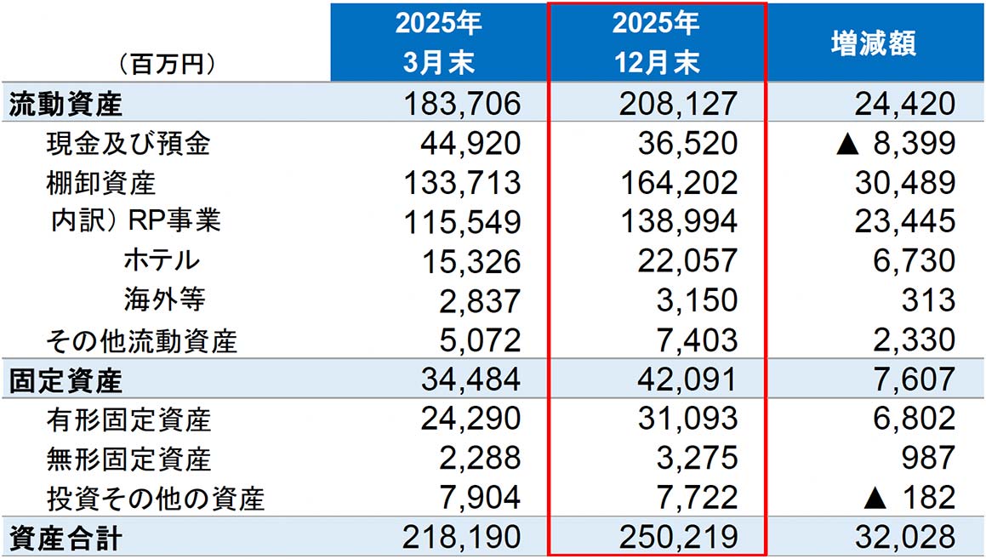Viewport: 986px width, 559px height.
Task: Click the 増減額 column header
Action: click(873, 43)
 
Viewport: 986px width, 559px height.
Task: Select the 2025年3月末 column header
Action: click(438, 43)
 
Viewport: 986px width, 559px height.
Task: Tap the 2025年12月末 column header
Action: click(656, 43)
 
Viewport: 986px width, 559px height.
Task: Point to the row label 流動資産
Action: click(66, 104)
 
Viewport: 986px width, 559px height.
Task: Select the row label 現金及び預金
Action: click(128, 144)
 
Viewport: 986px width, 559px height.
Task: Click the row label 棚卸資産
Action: click(101, 183)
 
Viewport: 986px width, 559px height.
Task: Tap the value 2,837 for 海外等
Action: click(480, 300)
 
